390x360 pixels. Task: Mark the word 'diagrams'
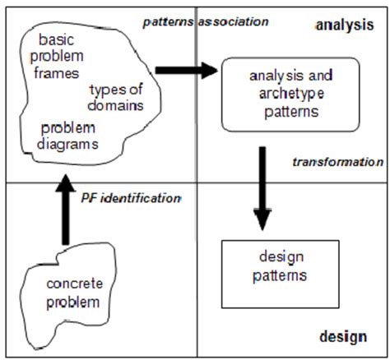[x=72, y=143]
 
